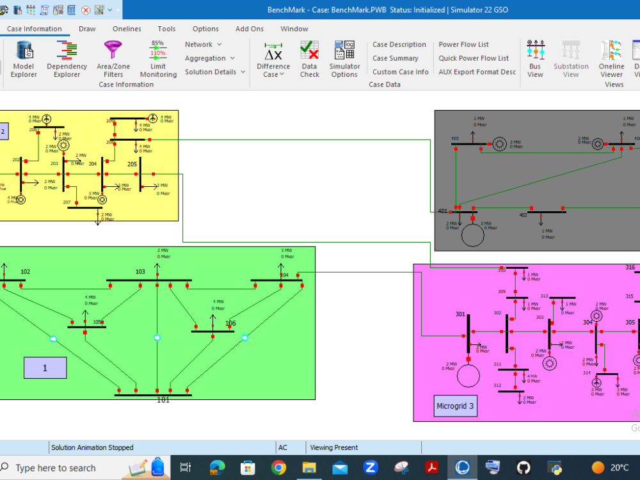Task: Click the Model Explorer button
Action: (24, 59)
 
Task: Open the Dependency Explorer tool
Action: (67, 59)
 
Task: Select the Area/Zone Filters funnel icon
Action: (113, 59)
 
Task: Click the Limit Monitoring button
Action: (158, 59)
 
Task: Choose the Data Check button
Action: (309, 59)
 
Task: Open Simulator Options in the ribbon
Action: (344, 59)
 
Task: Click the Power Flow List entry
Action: (463, 45)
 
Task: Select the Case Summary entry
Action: (395, 58)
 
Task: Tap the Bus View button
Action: (535, 59)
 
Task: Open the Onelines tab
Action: (127, 29)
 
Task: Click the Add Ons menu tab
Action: (250, 29)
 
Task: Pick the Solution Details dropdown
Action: (215, 72)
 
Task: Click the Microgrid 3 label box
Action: (456, 406)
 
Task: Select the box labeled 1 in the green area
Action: (45, 367)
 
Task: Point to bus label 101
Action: (163, 400)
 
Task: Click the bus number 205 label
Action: (132, 164)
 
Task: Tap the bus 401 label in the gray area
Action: (443, 211)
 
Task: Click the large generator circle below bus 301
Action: (468, 376)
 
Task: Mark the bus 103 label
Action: (140, 272)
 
